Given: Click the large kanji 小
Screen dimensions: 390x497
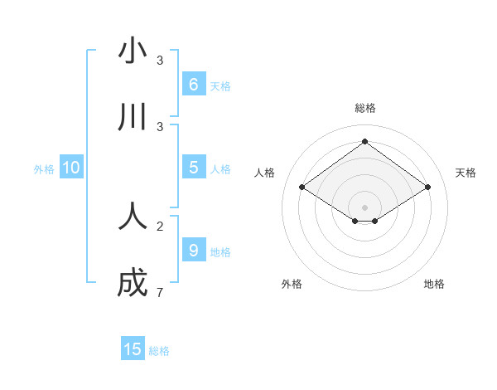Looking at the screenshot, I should (x=133, y=51).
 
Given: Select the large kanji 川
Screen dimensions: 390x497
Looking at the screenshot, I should (x=133, y=118).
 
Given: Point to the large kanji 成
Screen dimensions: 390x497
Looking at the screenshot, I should (x=133, y=283).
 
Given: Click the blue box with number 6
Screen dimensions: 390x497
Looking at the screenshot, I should (x=193, y=85).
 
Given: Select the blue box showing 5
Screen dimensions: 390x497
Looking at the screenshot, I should (x=193, y=168).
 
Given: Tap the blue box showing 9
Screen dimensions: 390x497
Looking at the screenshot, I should (x=193, y=250).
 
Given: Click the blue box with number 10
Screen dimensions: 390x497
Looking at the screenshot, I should (x=71, y=168).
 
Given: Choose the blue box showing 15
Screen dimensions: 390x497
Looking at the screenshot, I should (x=133, y=349).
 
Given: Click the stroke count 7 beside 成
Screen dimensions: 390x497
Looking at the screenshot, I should (x=160, y=292).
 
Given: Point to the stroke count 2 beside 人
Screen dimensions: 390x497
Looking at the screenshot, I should (x=160, y=226).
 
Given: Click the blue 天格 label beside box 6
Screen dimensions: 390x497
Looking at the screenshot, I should (x=220, y=85).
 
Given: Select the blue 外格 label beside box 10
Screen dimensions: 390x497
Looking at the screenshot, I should (x=44, y=168).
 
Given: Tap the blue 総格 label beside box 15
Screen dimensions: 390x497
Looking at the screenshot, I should (x=159, y=350).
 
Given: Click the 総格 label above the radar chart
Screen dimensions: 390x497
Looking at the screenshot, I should (x=365, y=108).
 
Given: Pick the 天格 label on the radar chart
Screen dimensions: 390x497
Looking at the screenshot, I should (x=466, y=173).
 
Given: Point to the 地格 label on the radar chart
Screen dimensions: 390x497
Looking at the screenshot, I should (x=434, y=284).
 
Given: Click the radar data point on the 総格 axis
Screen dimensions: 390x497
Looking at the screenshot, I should (x=365, y=142).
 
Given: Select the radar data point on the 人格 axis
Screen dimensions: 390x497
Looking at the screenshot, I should (x=302, y=188).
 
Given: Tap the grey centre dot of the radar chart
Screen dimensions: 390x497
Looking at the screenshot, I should (x=365, y=207).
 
